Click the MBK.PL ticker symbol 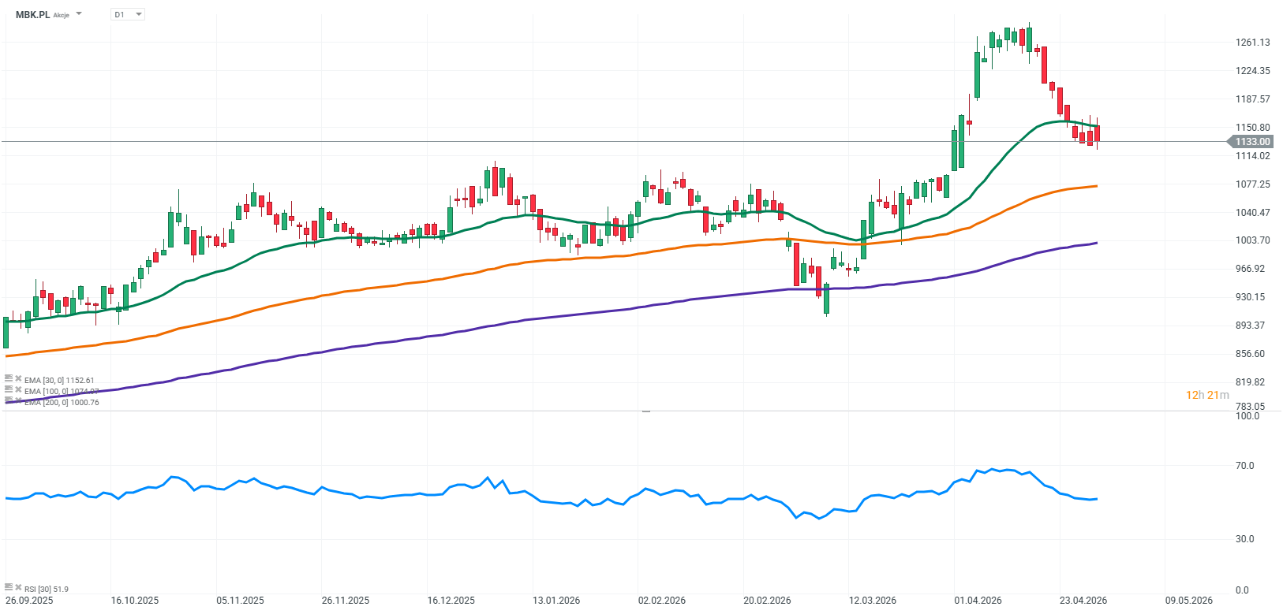coord(33,14)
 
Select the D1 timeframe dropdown coord(127,14)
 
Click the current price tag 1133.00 coord(1251,142)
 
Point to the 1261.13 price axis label coord(1252,43)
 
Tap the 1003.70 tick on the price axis coord(1252,240)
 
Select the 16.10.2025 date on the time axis coord(135,601)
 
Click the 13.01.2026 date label coord(556,601)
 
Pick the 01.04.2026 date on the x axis coord(978,601)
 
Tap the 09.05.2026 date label coord(1188,601)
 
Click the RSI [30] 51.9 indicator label coord(46,589)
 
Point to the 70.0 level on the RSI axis coord(1244,466)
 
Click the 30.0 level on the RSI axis coord(1244,539)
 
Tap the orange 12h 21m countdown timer coord(1207,395)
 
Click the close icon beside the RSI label coord(18,587)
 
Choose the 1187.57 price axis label coord(1252,99)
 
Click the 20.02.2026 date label coord(767,601)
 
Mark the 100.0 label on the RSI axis coord(1247,416)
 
